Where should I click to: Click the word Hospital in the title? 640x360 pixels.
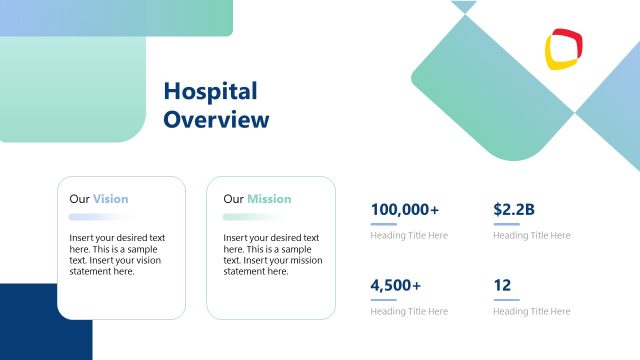210,92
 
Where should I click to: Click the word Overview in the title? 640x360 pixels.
216,120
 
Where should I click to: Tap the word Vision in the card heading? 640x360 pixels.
110,199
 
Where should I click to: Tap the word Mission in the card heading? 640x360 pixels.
269,199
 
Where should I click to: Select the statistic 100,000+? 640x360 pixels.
404,210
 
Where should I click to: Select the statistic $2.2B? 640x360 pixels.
514,210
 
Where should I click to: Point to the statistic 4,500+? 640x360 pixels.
396,286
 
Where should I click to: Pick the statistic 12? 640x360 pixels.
502,286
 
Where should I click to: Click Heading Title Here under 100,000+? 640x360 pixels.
409,236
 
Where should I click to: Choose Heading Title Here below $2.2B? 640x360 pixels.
532,236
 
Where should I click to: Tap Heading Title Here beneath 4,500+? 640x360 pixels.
409,312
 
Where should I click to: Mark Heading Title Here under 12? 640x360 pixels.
532,312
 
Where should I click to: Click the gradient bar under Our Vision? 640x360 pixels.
96,217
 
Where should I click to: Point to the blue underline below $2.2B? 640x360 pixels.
506,224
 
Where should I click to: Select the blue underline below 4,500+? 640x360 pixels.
383,300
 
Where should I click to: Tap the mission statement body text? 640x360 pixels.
271,255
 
